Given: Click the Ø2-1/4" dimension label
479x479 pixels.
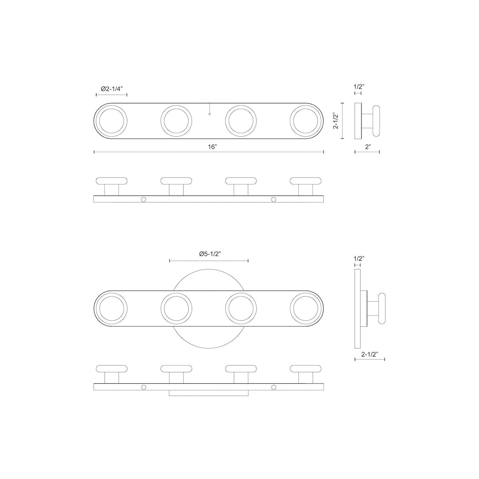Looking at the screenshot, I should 111,89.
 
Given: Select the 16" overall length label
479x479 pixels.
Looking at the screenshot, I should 212,147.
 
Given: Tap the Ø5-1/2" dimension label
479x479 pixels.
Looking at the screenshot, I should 210,254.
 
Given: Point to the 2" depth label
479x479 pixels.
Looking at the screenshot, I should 367,147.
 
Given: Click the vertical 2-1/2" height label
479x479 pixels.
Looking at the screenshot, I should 335,121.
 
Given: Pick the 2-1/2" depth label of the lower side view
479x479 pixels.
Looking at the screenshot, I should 370,354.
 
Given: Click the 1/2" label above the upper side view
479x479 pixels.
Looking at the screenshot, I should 359,87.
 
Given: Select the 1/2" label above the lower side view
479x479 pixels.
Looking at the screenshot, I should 359,258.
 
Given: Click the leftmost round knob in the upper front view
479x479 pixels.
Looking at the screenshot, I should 111,121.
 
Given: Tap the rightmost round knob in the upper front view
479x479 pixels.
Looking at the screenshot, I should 306,121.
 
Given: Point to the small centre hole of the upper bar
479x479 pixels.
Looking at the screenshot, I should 210,114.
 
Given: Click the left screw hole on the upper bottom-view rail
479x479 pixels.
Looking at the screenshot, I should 143,199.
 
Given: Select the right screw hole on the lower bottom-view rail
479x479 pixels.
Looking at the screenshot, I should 273,387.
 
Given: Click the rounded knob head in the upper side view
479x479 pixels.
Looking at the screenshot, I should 377,121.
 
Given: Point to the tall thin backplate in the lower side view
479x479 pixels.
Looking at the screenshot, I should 357,308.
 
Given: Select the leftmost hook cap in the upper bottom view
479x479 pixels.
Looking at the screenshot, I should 111,181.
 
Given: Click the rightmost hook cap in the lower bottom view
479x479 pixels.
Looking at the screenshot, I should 306,368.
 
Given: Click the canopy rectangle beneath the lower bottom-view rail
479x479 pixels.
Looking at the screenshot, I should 209,393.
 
